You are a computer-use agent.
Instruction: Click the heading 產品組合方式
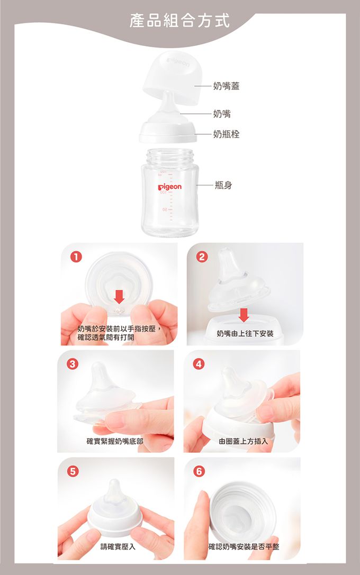(179, 20)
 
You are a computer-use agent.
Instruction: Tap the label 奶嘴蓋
(226, 86)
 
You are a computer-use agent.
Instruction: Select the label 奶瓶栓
(226, 134)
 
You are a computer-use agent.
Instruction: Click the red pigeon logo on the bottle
(169, 187)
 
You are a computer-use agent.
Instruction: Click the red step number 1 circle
(76, 257)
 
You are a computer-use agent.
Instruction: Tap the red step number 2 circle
(202, 257)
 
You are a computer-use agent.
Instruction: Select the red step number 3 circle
(73, 364)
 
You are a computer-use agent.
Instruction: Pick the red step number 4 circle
(199, 364)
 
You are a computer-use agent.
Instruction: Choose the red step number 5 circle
(73, 471)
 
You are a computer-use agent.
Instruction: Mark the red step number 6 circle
(199, 471)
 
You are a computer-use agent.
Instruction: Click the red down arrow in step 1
(119, 296)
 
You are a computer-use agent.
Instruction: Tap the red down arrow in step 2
(244, 315)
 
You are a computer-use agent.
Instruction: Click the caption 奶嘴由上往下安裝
(245, 334)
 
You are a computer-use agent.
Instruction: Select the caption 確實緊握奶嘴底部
(115, 441)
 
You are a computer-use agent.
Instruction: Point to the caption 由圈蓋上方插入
(244, 441)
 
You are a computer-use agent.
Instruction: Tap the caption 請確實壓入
(118, 547)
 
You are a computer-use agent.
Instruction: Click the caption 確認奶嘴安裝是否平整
(244, 547)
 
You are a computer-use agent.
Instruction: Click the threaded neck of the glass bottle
(170, 157)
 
